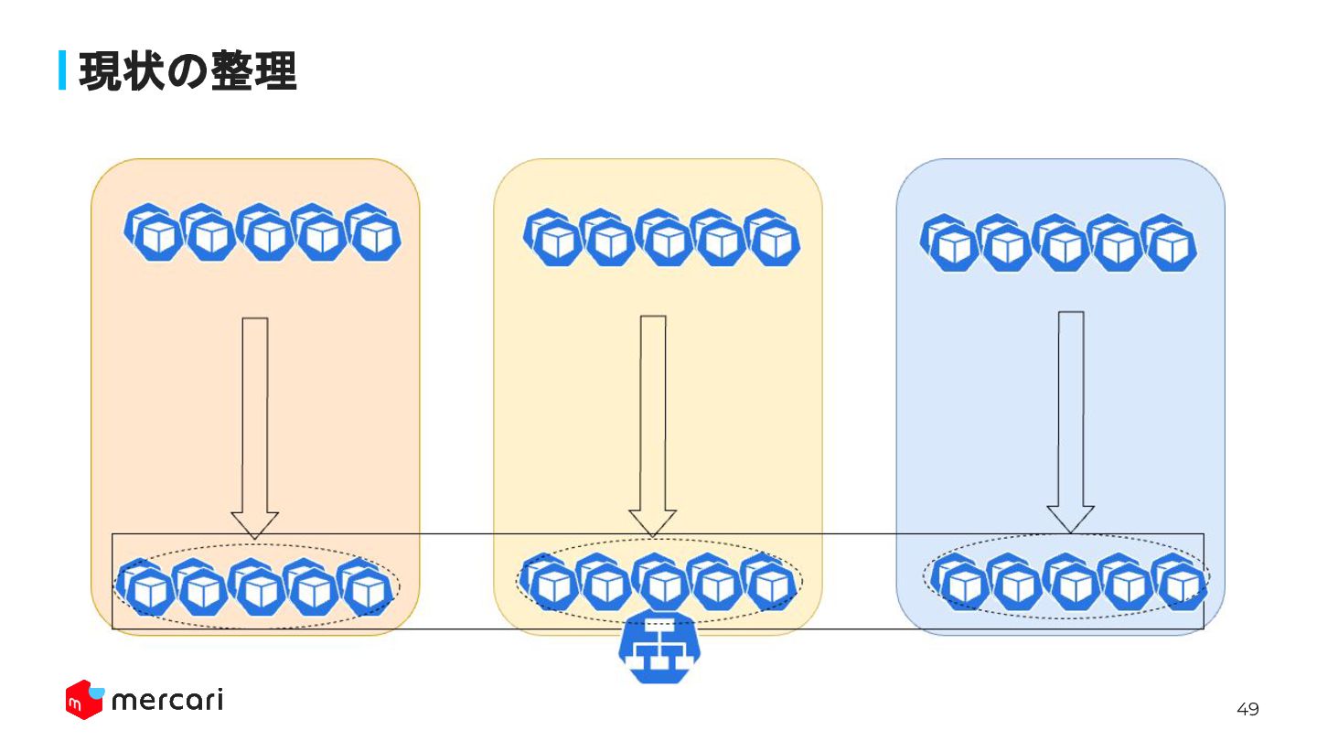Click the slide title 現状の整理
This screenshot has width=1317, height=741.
(x=187, y=71)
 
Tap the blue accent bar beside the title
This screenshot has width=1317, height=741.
(x=63, y=70)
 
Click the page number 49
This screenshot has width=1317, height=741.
(x=1247, y=709)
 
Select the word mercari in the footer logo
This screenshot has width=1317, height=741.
(x=166, y=701)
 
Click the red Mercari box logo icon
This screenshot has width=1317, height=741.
(x=83, y=700)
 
